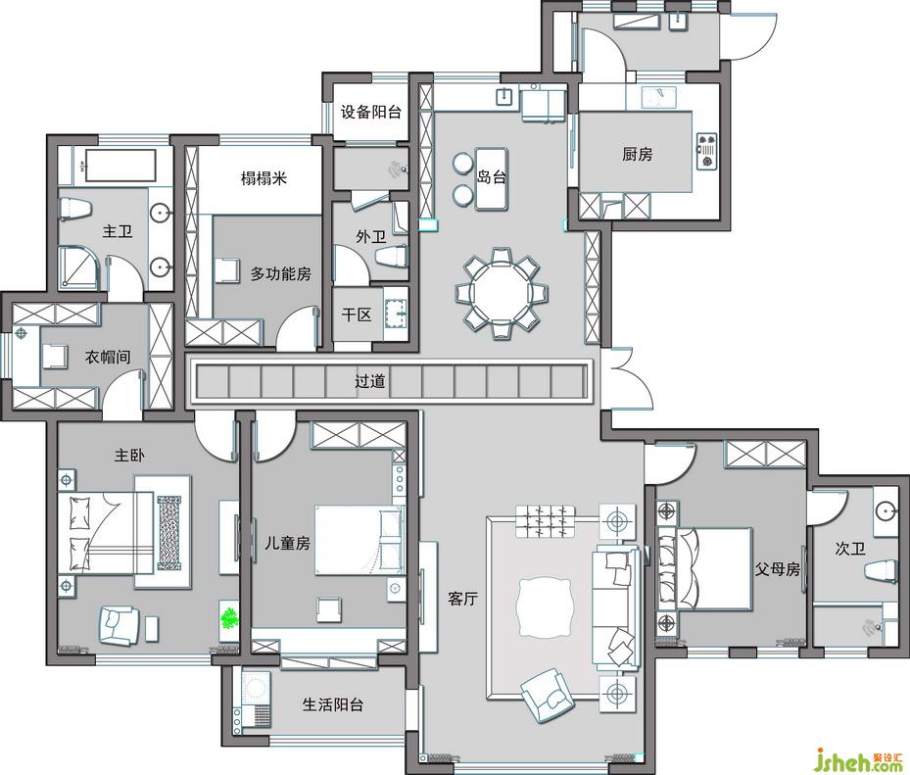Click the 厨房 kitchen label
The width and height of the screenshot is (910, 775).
tap(638, 154)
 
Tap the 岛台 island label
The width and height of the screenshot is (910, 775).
tap(492, 176)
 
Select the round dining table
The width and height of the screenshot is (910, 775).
tap(501, 293)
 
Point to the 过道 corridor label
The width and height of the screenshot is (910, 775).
tap(370, 381)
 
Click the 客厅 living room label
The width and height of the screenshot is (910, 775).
tap(462, 599)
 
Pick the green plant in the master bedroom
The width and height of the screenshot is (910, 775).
tap(230, 617)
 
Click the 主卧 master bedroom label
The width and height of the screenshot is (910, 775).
tap(129, 456)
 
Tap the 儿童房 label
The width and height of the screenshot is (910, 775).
tap(287, 544)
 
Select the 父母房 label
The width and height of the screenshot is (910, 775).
tap(778, 569)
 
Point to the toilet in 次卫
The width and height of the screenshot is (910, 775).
tap(881, 569)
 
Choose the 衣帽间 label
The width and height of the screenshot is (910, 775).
tap(108, 357)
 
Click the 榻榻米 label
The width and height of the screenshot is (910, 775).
tap(264, 177)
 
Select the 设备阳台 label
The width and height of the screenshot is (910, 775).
tap(371, 112)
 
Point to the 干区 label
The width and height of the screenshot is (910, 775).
tap(357, 315)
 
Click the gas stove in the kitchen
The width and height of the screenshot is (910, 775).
tap(707, 150)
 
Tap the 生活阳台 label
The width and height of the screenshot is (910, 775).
tap(333, 704)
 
